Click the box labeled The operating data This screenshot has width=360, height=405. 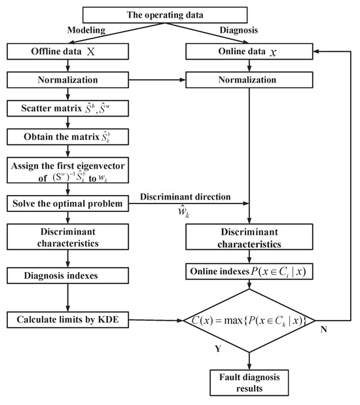click(x=166, y=15)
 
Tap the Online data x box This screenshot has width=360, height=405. click(x=249, y=50)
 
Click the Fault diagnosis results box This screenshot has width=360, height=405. click(x=249, y=382)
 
